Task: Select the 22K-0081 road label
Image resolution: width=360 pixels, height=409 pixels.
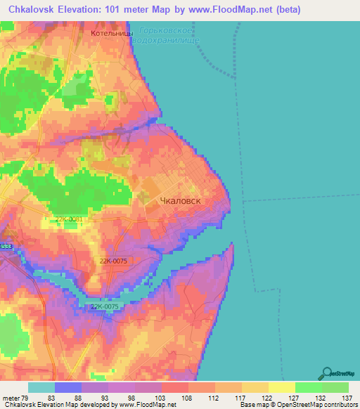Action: [x=69, y=219]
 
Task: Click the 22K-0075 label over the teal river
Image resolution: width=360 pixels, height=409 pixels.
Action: [x=103, y=306]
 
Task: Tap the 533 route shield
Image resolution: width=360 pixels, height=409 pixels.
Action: [x=6, y=247]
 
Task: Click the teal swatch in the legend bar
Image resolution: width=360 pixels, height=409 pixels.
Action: [x=41, y=387]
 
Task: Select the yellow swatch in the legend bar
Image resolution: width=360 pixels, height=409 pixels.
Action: [x=281, y=387]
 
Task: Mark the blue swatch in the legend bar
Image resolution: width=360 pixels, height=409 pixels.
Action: [x=68, y=387]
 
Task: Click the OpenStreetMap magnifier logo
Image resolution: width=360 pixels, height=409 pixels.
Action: [x=326, y=373]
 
